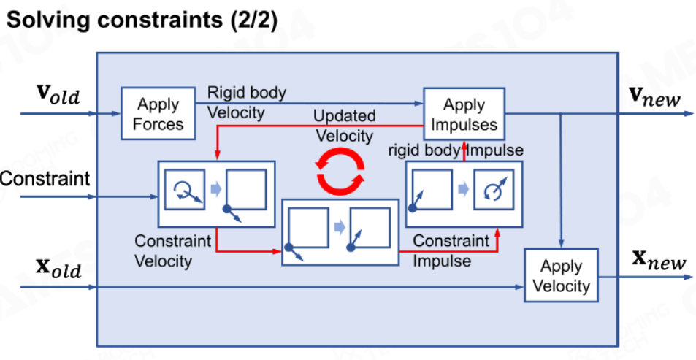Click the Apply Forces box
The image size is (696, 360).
(158, 113)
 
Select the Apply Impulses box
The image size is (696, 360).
(464, 114)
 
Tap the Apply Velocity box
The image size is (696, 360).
(561, 275)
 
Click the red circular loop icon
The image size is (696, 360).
(340, 171)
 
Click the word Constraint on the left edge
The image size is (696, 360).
(45, 179)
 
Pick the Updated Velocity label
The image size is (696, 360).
(345, 126)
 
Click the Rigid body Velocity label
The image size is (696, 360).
(247, 103)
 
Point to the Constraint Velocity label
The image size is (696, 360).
(172, 251)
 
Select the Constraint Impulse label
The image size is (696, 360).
(451, 250)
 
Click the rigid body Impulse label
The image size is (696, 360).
(456, 150)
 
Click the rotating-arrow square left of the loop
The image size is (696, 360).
(185, 190)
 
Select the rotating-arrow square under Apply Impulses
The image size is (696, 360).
(494, 190)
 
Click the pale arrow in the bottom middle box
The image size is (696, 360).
(340, 227)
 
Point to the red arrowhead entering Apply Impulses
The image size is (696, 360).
(464, 144)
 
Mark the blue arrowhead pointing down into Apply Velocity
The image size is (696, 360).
(562, 245)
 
